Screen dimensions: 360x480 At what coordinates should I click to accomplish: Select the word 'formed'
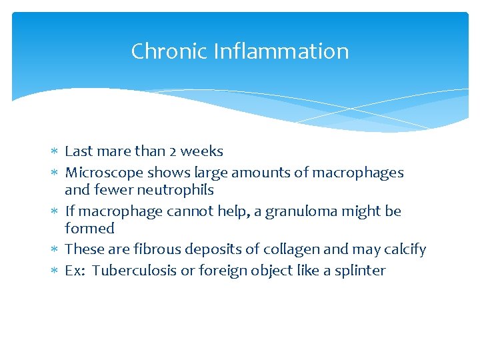click(89, 229)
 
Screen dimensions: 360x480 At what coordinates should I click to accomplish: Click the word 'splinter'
click(360, 271)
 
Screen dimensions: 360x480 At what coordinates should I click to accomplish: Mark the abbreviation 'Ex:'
click(75, 271)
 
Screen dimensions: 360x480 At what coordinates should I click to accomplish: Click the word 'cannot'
click(186, 212)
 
